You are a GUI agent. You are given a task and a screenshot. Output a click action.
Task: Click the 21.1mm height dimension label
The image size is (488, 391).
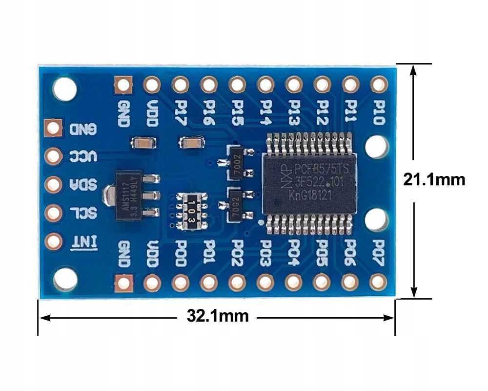434,180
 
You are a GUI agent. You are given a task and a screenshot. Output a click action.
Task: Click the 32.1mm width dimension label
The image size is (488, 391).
218,316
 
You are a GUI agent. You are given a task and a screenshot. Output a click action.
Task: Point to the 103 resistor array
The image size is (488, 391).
192,211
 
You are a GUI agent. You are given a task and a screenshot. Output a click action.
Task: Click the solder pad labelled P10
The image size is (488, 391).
378,85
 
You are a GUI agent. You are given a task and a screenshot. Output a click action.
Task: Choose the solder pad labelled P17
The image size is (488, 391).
180,85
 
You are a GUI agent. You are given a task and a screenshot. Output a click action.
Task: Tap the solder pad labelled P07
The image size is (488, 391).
378,282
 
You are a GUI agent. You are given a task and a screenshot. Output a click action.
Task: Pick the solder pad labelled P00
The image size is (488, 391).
180,282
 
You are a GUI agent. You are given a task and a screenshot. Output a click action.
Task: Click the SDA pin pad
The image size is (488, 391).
53,185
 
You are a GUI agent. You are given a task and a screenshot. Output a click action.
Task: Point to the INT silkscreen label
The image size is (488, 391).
84,241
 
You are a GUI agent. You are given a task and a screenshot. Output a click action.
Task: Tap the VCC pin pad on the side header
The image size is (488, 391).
53,156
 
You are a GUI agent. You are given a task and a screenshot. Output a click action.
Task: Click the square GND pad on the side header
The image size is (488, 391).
53,128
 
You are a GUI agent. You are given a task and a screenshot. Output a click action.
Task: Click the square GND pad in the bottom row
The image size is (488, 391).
123,282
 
